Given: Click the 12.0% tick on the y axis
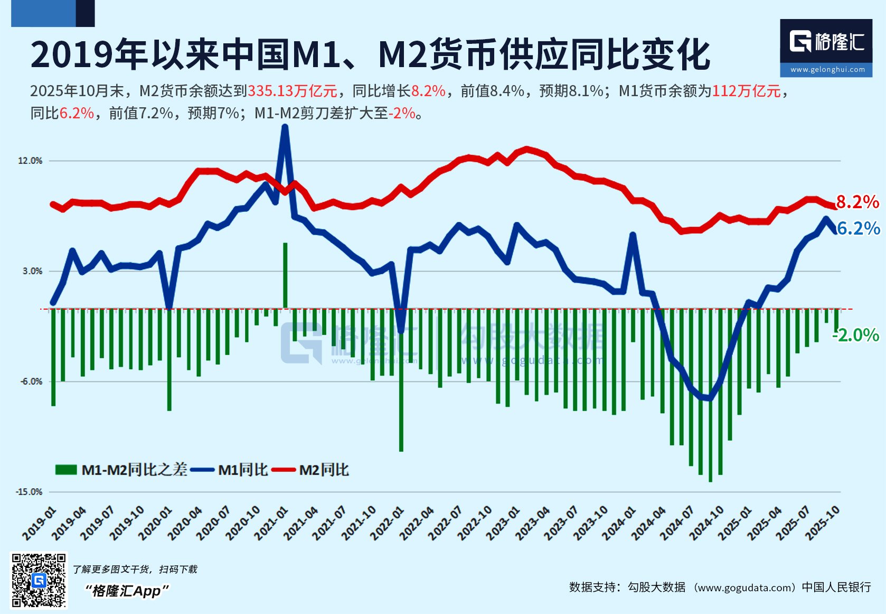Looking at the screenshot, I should pos(30,161).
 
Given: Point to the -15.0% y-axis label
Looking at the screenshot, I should pos(29,492).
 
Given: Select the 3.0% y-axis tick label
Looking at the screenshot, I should pos(32,271).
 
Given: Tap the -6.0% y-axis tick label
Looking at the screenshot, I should pos(31,382).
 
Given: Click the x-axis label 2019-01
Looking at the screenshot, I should pos(40,523).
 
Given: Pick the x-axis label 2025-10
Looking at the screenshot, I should pos(822,523).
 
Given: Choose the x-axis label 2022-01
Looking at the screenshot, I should pos(388,523).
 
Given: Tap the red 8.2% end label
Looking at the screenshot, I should pos(857,202).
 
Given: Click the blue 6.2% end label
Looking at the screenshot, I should pos(859,228).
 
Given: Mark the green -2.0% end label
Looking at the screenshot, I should pos(856,335).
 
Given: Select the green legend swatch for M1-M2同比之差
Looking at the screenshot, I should pos(66,470).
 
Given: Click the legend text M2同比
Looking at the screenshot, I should pos(324,470).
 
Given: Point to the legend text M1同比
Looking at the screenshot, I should pos(243,470).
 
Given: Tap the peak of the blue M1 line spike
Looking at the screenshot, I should pos(285,127).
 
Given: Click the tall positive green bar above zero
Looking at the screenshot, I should pos(285,275).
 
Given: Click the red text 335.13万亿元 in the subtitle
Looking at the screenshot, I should pos(293,91).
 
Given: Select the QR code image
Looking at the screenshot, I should pos(39,580).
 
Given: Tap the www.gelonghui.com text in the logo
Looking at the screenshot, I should pos(827,69).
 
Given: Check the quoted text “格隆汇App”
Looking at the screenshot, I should pos(127,591).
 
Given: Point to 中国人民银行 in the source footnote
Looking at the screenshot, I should pos(836,587).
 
